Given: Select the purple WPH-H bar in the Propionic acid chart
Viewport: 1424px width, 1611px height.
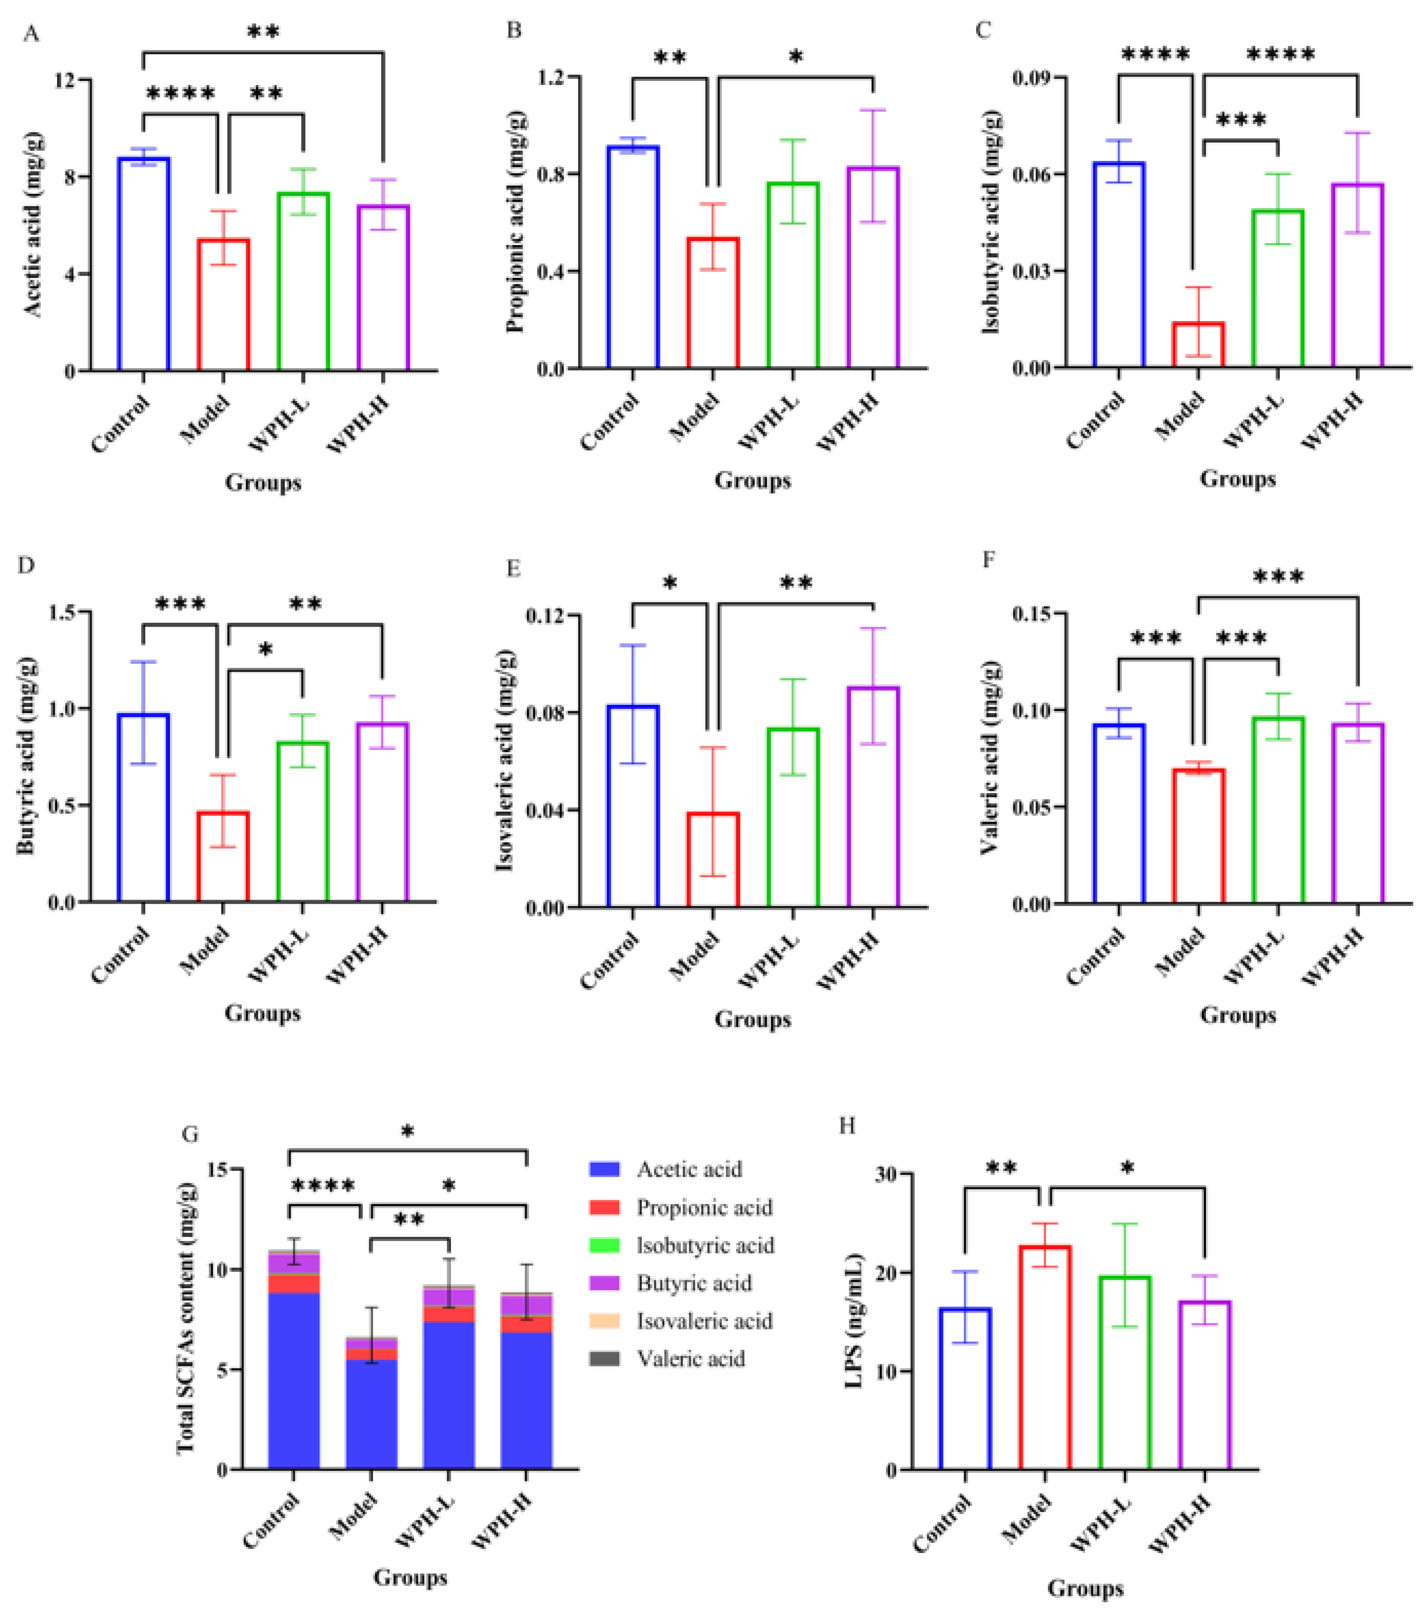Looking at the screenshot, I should click(873, 268).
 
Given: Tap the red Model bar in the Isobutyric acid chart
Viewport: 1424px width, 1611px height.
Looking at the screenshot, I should click(1198, 345).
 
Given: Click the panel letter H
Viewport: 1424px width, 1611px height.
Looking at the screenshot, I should click(847, 1125).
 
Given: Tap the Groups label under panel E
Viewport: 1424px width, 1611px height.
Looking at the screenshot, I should click(752, 1019).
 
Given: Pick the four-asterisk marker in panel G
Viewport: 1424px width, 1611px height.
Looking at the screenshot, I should click(323, 1185).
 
